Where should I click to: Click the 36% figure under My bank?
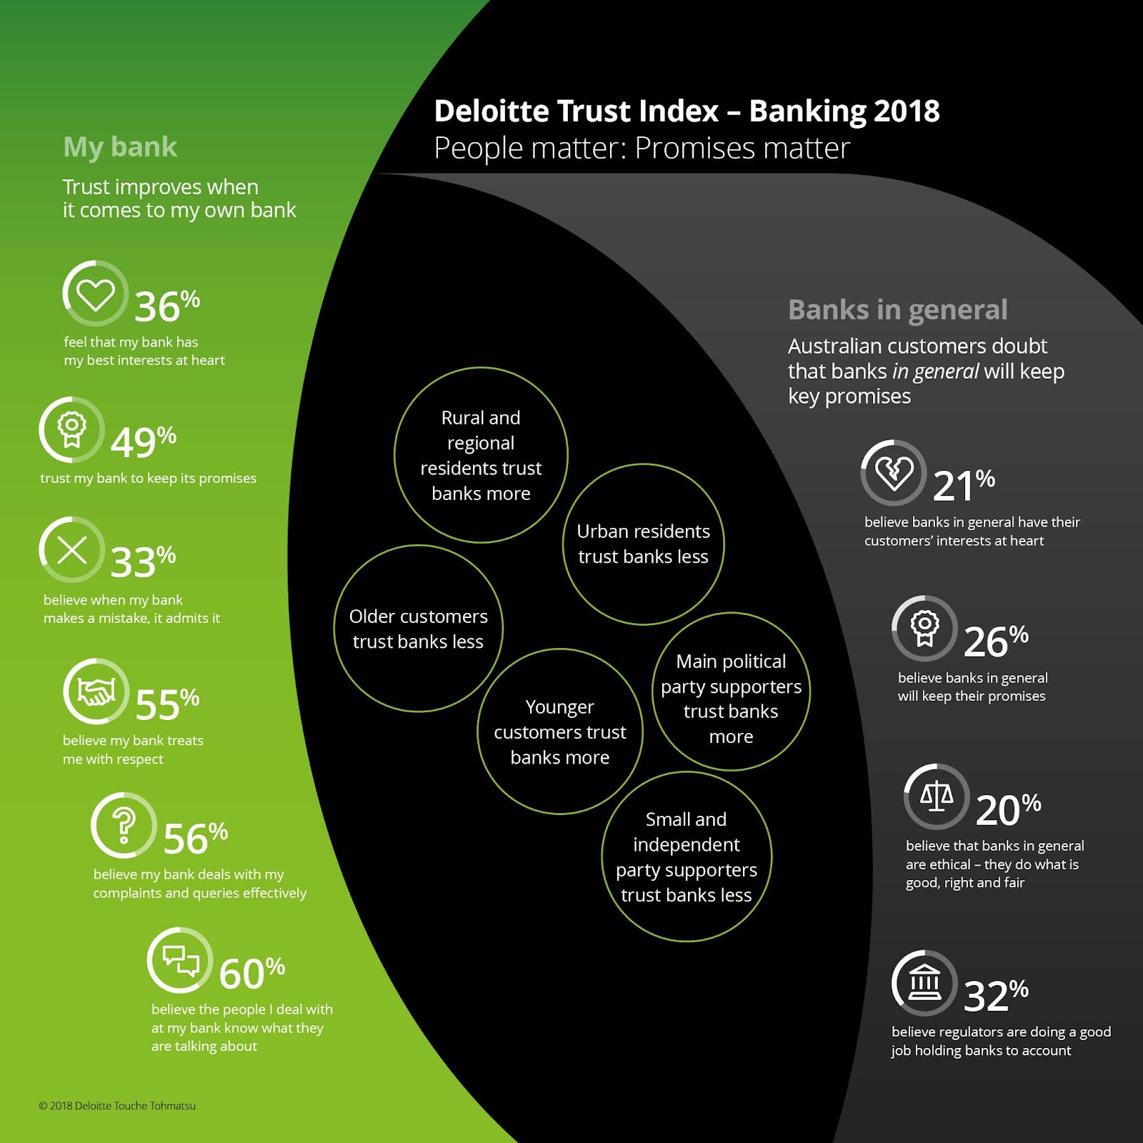click(x=166, y=306)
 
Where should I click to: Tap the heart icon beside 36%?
click(x=96, y=294)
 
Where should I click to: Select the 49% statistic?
click(x=143, y=442)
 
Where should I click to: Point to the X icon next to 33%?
click(x=72, y=550)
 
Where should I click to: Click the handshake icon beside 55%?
click(x=96, y=692)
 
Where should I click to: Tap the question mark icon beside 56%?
click(x=124, y=825)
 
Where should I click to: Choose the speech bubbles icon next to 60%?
click(x=180, y=960)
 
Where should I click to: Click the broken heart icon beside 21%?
click(x=894, y=473)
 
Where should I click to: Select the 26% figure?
click(x=995, y=641)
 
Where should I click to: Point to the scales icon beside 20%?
click(x=936, y=796)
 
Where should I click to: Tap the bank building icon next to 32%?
click(x=924, y=983)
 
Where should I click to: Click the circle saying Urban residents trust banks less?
click(x=643, y=544)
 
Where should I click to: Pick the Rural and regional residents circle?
click(x=481, y=455)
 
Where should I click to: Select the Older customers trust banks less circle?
click(x=418, y=629)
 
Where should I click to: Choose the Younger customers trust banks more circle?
click(x=559, y=732)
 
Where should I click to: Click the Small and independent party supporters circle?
click(x=686, y=857)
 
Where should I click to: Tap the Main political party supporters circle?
click(x=731, y=692)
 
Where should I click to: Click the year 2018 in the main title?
click(x=906, y=111)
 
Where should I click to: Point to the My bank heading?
click(x=120, y=147)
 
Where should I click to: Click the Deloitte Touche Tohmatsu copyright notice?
click(x=117, y=1106)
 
